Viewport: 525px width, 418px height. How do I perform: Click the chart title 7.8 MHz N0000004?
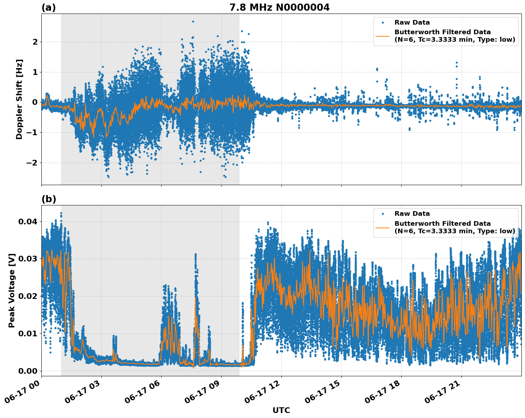pyautogui.click(x=279, y=7)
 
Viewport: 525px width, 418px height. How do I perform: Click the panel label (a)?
pyautogui.click(x=49, y=7)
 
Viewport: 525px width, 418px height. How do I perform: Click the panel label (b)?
pyautogui.click(x=49, y=199)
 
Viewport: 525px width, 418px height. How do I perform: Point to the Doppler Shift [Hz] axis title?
pyautogui.click(x=19, y=99)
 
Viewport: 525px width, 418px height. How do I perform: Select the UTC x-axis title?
pyautogui.click(x=281, y=410)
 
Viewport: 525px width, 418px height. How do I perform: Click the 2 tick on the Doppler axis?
pyautogui.click(x=35, y=42)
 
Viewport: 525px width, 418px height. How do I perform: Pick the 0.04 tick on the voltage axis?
pyautogui.click(x=27, y=222)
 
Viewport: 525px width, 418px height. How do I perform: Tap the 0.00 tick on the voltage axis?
pyautogui.click(x=27, y=371)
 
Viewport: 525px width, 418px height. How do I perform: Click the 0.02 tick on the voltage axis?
pyautogui.click(x=27, y=296)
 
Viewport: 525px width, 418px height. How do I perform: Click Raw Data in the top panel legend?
pyautogui.click(x=412, y=22)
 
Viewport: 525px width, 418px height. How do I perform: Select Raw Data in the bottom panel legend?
pyautogui.click(x=412, y=214)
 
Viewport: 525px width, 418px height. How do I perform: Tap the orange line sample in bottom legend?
pyautogui.click(x=383, y=227)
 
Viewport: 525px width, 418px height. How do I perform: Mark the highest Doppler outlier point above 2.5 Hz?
pyautogui.click(x=193, y=21)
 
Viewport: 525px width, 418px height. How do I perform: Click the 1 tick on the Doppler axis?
pyautogui.click(x=35, y=72)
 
